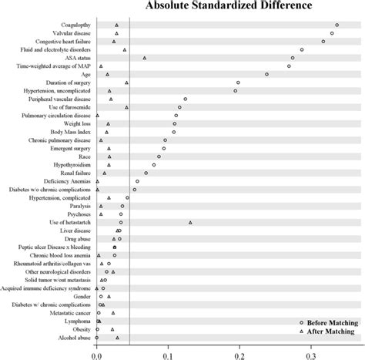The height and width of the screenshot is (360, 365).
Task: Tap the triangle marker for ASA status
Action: point(144,58)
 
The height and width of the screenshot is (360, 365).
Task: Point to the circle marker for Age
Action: point(266,74)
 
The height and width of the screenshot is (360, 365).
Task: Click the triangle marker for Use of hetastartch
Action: point(190,222)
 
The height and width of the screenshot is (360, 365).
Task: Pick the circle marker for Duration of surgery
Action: point(238,82)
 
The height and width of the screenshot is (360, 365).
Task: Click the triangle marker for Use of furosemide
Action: point(126,107)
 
